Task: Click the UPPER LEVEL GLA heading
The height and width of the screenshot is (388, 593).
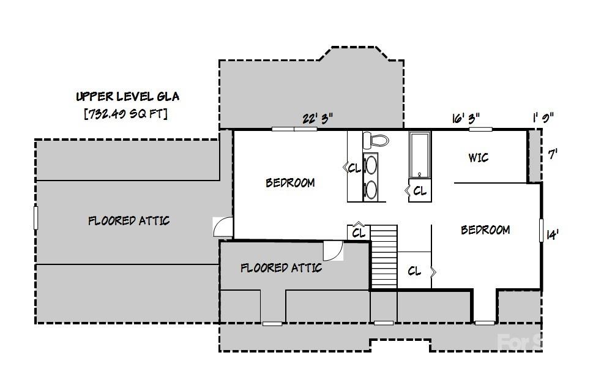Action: pyautogui.click(x=127, y=97)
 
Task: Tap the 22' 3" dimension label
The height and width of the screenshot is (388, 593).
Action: pyautogui.click(x=318, y=118)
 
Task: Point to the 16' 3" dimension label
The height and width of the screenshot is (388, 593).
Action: pyautogui.click(x=466, y=118)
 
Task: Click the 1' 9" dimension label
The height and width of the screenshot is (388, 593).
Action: pyautogui.click(x=543, y=118)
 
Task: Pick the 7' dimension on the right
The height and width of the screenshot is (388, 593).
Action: pyautogui.click(x=553, y=154)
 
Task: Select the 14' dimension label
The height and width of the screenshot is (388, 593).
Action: pyautogui.click(x=552, y=234)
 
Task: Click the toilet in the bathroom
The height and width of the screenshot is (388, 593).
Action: pyautogui.click(x=375, y=141)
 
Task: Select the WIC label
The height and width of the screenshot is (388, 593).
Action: pyautogui.click(x=478, y=158)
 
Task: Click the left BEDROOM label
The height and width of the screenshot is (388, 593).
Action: pyautogui.click(x=290, y=183)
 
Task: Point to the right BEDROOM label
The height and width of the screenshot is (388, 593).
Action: pyautogui.click(x=485, y=230)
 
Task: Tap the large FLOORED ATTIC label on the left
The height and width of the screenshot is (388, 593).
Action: pyautogui.click(x=129, y=221)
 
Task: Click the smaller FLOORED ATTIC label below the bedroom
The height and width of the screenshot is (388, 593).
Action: pyautogui.click(x=280, y=268)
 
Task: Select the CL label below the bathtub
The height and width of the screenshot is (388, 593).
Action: pyautogui.click(x=420, y=191)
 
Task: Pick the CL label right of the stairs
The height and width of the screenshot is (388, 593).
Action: pyautogui.click(x=414, y=271)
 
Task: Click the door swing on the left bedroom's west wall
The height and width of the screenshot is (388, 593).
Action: pyautogui.click(x=223, y=227)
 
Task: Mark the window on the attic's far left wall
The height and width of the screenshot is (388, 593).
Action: pyautogui.click(x=35, y=218)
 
